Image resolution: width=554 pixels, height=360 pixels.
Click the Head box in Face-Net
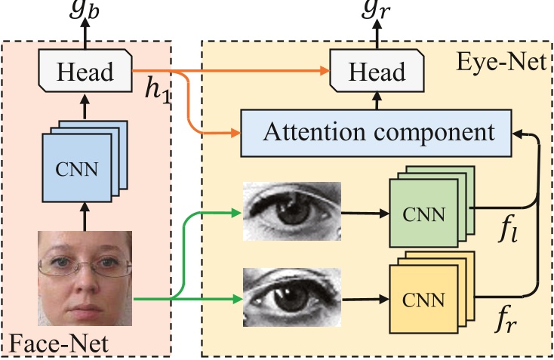(x=85, y=72)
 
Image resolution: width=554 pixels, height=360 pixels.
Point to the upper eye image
(x=292, y=211)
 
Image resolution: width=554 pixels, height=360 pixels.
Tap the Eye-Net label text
(x=499, y=62)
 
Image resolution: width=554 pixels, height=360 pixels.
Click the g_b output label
(x=85, y=9)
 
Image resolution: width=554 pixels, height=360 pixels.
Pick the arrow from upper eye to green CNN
(x=365, y=212)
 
